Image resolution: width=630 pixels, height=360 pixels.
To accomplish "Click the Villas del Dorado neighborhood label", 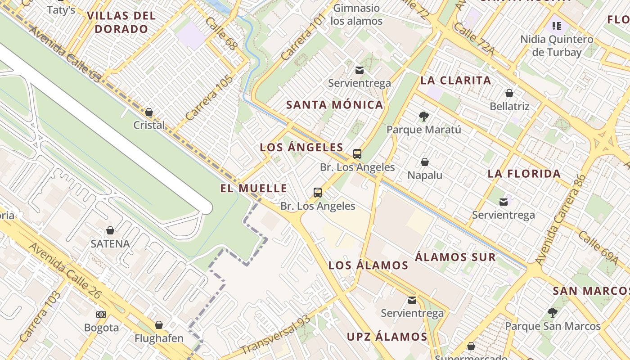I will point(121,22).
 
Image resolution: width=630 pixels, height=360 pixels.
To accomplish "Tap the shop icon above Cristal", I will point(149,112).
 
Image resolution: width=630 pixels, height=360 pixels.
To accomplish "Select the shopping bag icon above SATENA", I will point(110,231).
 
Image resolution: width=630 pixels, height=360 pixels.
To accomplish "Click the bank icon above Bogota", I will point(101,315).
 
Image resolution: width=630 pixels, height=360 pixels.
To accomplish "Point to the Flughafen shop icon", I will point(159,325).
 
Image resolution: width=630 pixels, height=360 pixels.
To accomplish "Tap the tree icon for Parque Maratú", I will point(423,117).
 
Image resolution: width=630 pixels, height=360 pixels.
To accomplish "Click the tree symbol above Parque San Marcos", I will point(553,313).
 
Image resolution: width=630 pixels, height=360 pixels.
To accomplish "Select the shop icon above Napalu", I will point(425,162).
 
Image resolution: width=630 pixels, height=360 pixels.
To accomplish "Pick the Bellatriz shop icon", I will point(509,93).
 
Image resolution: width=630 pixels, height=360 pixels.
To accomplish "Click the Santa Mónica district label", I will point(335,105).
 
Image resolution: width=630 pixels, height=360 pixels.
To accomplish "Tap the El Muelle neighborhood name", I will point(254,188).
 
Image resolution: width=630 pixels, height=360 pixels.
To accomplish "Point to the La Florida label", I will point(524,174).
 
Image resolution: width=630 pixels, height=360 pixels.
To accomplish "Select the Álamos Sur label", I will point(455,257).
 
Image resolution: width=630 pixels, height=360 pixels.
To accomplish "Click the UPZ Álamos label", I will point(387,337).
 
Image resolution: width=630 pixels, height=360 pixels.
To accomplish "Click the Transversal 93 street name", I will point(275,335).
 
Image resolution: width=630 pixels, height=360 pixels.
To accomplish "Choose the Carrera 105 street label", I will point(209,98).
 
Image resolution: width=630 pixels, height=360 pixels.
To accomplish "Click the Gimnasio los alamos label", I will point(356,14).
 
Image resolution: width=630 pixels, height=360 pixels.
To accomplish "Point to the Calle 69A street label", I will point(598,247).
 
